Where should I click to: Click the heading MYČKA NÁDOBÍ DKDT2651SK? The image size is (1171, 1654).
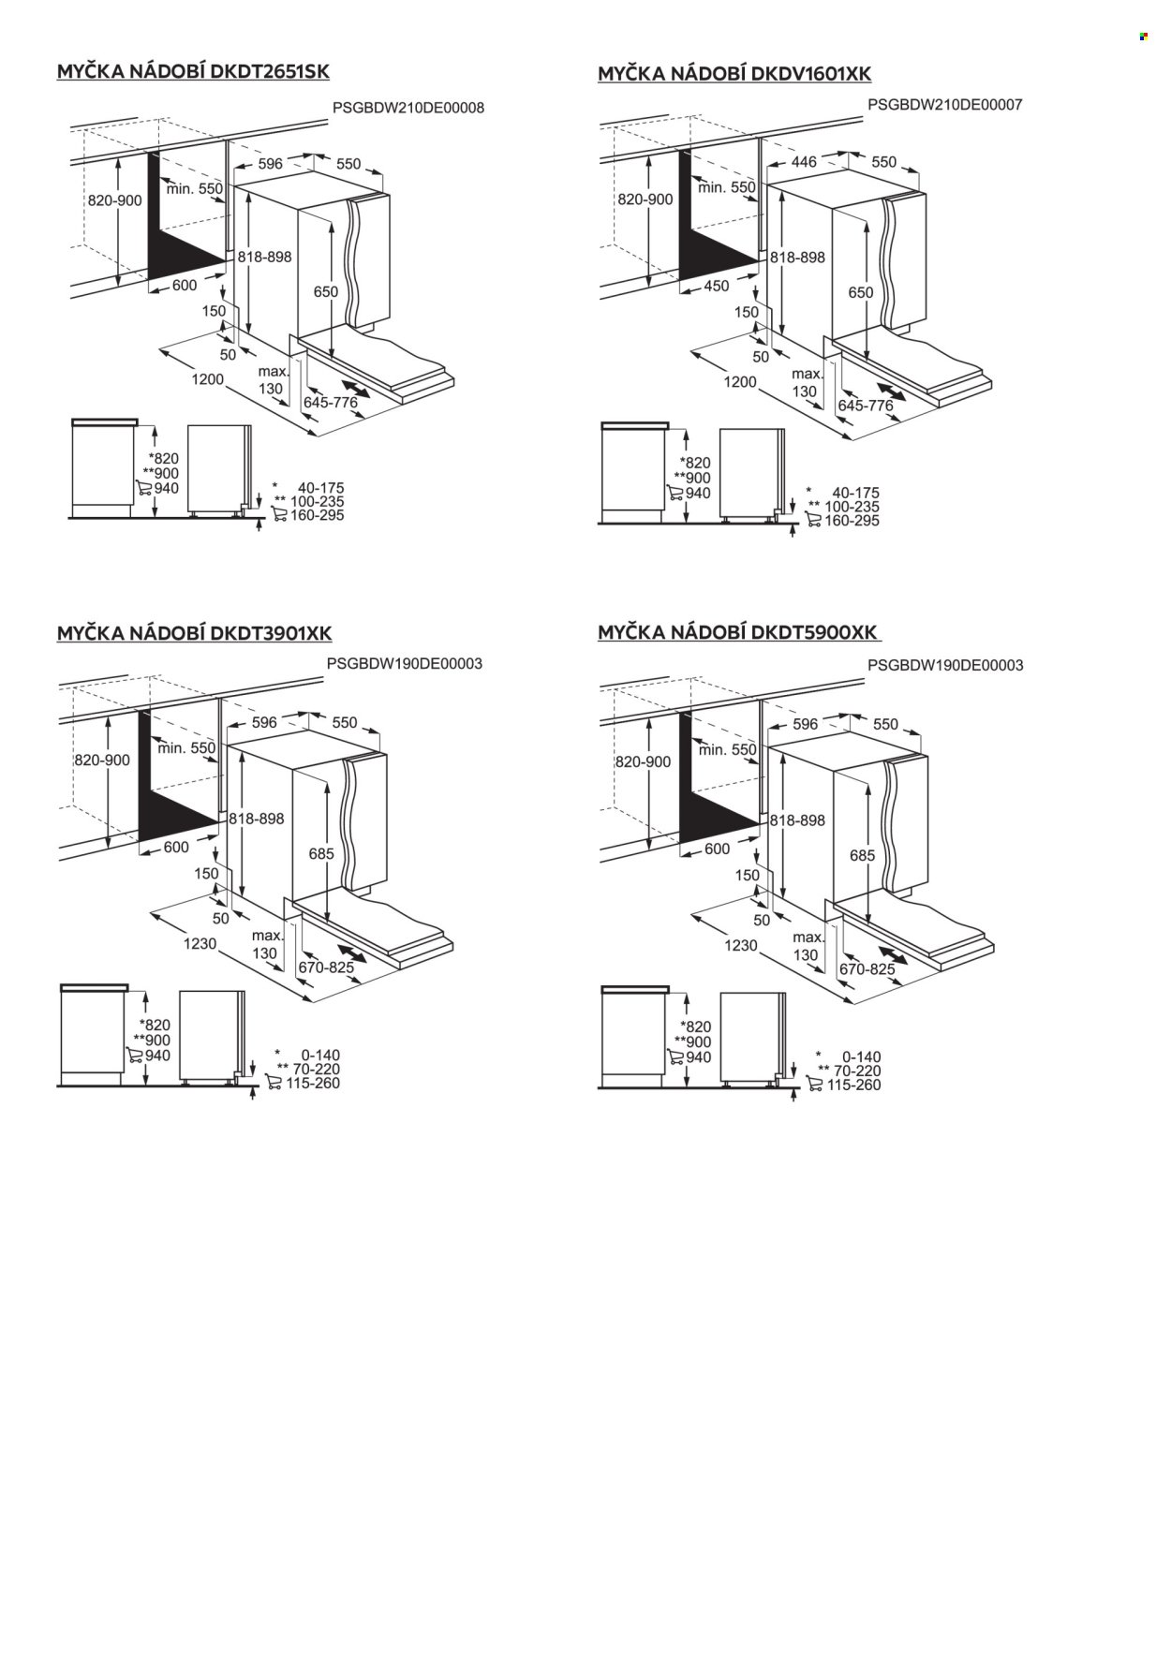(x=194, y=72)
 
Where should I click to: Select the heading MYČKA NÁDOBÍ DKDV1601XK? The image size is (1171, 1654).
(x=734, y=74)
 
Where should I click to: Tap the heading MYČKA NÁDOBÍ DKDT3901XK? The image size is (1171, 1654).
(x=195, y=634)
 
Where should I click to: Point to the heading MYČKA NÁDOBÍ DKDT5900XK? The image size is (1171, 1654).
(x=738, y=633)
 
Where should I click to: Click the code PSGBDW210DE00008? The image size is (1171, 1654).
(x=408, y=108)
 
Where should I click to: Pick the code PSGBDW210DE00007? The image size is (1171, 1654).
(x=945, y=104)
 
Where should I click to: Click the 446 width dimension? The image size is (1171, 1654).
(x=804, y=162)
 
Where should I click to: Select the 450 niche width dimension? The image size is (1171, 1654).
(x=716, y=287)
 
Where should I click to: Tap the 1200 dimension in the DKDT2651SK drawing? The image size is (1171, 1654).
(x=208, y=379)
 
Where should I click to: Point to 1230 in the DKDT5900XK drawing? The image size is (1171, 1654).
(x=740, y=946)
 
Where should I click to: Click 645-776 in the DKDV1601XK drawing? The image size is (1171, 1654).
(x=866, y=406)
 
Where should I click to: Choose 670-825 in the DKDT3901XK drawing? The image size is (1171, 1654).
(x=326, y=967)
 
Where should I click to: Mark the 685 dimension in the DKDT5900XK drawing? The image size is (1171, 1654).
(x=862, y=855)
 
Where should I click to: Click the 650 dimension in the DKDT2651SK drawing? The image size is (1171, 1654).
(x=325, y=292)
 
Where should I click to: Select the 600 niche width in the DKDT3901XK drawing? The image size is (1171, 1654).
(x=176, y=848)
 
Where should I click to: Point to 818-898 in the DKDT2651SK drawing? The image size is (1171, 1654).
(x=265, y=257)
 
